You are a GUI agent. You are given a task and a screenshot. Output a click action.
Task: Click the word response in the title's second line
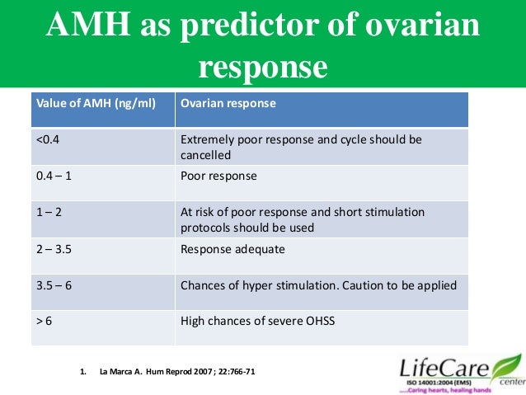tap(262, 67)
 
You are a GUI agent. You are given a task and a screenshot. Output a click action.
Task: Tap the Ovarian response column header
tap(228, 105)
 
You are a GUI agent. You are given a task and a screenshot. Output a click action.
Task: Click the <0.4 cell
tap(48, 140)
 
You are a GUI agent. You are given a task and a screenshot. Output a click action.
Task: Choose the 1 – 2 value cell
tap(50, 212)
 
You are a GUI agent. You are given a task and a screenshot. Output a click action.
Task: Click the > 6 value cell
tap(45, 320)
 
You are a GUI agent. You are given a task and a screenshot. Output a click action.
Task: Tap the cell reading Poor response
tap(218, 176)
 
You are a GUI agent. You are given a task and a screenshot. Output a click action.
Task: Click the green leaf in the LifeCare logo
tap(506, 364)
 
